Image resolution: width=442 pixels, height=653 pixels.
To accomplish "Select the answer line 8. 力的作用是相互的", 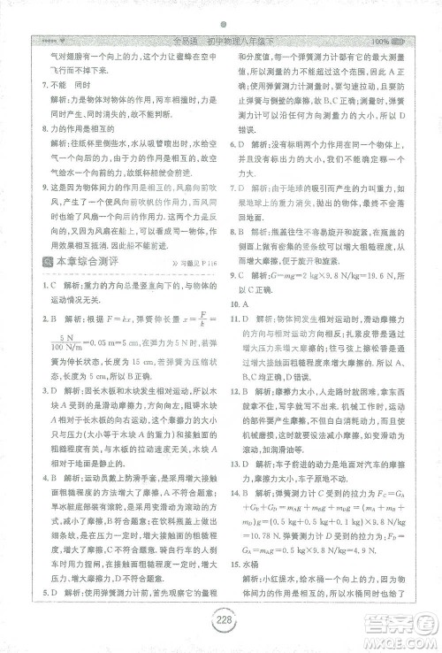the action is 79,129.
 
